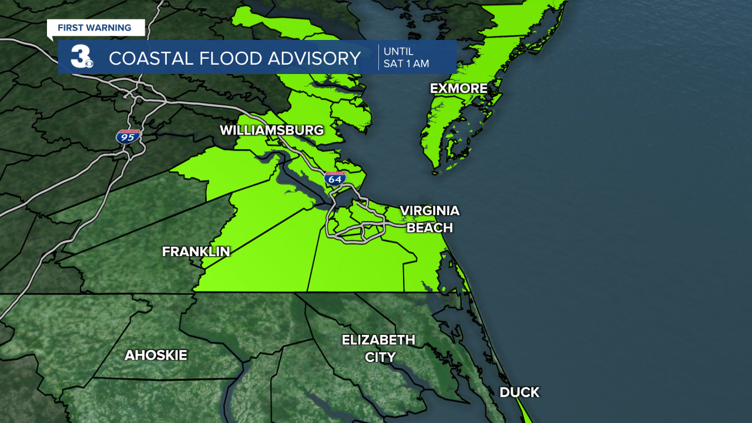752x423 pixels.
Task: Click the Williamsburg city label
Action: (271, 130)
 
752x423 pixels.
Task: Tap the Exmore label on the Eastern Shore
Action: (458, 89)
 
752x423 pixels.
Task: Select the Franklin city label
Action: (196, 251)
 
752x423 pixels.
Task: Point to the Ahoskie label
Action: (156, 355)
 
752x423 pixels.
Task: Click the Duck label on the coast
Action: (519, 392)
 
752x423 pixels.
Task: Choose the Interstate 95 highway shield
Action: (127, 137)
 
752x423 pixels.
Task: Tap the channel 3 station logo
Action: (80, 57)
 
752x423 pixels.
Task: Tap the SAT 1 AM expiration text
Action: (406, 63)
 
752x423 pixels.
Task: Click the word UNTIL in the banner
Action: (398, 51)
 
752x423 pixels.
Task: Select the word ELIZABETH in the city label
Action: (378, 340)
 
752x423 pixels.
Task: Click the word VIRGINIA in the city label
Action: (429, 211)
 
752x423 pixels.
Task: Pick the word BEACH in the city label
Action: (429, 228)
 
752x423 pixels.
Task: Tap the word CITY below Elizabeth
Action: (380, 357)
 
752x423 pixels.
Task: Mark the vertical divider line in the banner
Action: (378, 57)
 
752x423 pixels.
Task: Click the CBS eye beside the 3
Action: (89, 63)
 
